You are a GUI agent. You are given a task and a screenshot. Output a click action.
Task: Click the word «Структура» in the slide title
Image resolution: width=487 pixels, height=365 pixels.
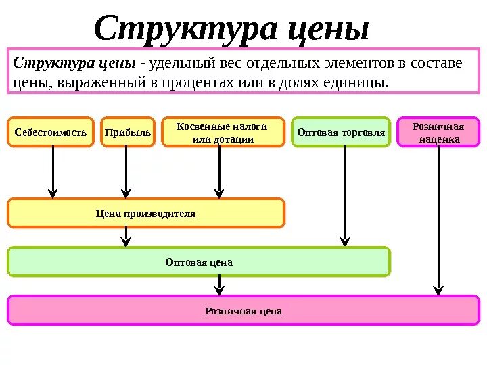pyautogui.click(x=183, y=28)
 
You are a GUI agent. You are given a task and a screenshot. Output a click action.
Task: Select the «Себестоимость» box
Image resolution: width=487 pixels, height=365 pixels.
pyautogui.click(x=51, y=132)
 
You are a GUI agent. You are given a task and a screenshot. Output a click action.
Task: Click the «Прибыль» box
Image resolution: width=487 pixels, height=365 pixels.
pyautogui.click(x=127, y=132)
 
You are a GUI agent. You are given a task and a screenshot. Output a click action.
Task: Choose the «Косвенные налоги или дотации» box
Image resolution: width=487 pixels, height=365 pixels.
pyautogui.click(x=222, y=132)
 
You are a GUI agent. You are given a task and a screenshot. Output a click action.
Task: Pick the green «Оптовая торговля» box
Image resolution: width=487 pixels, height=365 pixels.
pyautogui.click(x=342, y=132)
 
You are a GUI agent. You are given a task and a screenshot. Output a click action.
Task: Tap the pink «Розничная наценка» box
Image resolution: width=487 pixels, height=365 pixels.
pyautogui.click(x=438, y=132)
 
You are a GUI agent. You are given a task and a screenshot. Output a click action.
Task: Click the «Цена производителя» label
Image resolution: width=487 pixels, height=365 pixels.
pyautogui.click(x=145, y=214)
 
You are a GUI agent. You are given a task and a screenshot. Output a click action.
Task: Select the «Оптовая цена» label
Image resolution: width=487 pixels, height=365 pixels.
pyautogui.click(x=199, y=262)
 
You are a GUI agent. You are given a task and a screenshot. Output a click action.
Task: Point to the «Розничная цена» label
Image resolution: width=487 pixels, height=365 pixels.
pyautogui.click(x=243, y=311)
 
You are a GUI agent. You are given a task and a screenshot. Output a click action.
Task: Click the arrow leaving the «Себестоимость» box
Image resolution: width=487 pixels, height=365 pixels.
pyautogui.click(x=53, y=172)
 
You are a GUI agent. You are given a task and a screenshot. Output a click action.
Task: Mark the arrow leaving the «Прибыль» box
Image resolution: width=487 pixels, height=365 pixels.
pyautogui.click(x=126, y=172)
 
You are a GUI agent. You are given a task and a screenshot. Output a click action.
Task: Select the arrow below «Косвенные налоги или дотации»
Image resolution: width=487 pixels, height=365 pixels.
pyautogui.click(x=219, y=172)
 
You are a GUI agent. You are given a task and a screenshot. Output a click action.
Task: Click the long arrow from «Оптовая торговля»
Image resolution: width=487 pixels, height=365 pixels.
pyautogui.click(x=345, y=196)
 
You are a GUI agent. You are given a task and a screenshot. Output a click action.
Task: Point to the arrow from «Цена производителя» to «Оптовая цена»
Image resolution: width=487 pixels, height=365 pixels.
pyautogui.click(x=126, y=237)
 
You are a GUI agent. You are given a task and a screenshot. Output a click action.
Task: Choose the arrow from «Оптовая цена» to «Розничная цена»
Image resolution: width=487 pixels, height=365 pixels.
pyautogui.click(x=219, y=286)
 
